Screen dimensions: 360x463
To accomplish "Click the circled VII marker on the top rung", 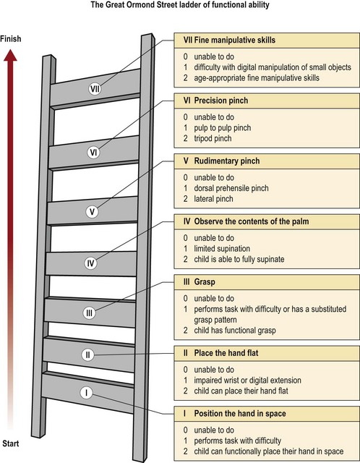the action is (95, 89).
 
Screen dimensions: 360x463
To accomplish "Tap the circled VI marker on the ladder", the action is (93, 153).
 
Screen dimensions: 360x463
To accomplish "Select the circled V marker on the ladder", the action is (92, 212).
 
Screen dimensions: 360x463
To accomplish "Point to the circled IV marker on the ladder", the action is (90, 263).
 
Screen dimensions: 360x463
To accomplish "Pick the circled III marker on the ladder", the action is (89, 313).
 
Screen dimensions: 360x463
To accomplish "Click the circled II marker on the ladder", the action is (87, 354).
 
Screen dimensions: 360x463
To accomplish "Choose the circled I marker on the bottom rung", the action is (86, 393).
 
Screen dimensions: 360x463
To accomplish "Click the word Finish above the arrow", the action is (11, 38).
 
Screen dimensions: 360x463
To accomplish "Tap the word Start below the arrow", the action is (11, 443).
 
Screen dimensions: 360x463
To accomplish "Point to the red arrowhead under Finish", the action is (10, 55).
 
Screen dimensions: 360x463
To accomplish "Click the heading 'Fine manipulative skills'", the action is (235, 41).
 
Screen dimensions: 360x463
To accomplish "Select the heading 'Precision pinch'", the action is (221, 101).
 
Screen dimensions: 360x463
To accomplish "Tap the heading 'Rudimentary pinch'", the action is (227, 161).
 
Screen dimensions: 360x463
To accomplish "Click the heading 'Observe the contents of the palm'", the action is (252, 221).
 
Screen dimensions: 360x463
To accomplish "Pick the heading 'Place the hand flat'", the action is (226, 353).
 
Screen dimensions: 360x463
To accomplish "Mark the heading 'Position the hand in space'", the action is (240, 413).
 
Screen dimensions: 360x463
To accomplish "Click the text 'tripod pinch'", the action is (213, 138).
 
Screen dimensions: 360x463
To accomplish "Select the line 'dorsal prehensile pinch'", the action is (231, 188).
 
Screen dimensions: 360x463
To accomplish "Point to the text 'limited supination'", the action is (222, 249).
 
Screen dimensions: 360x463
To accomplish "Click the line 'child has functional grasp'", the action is (235, 330).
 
